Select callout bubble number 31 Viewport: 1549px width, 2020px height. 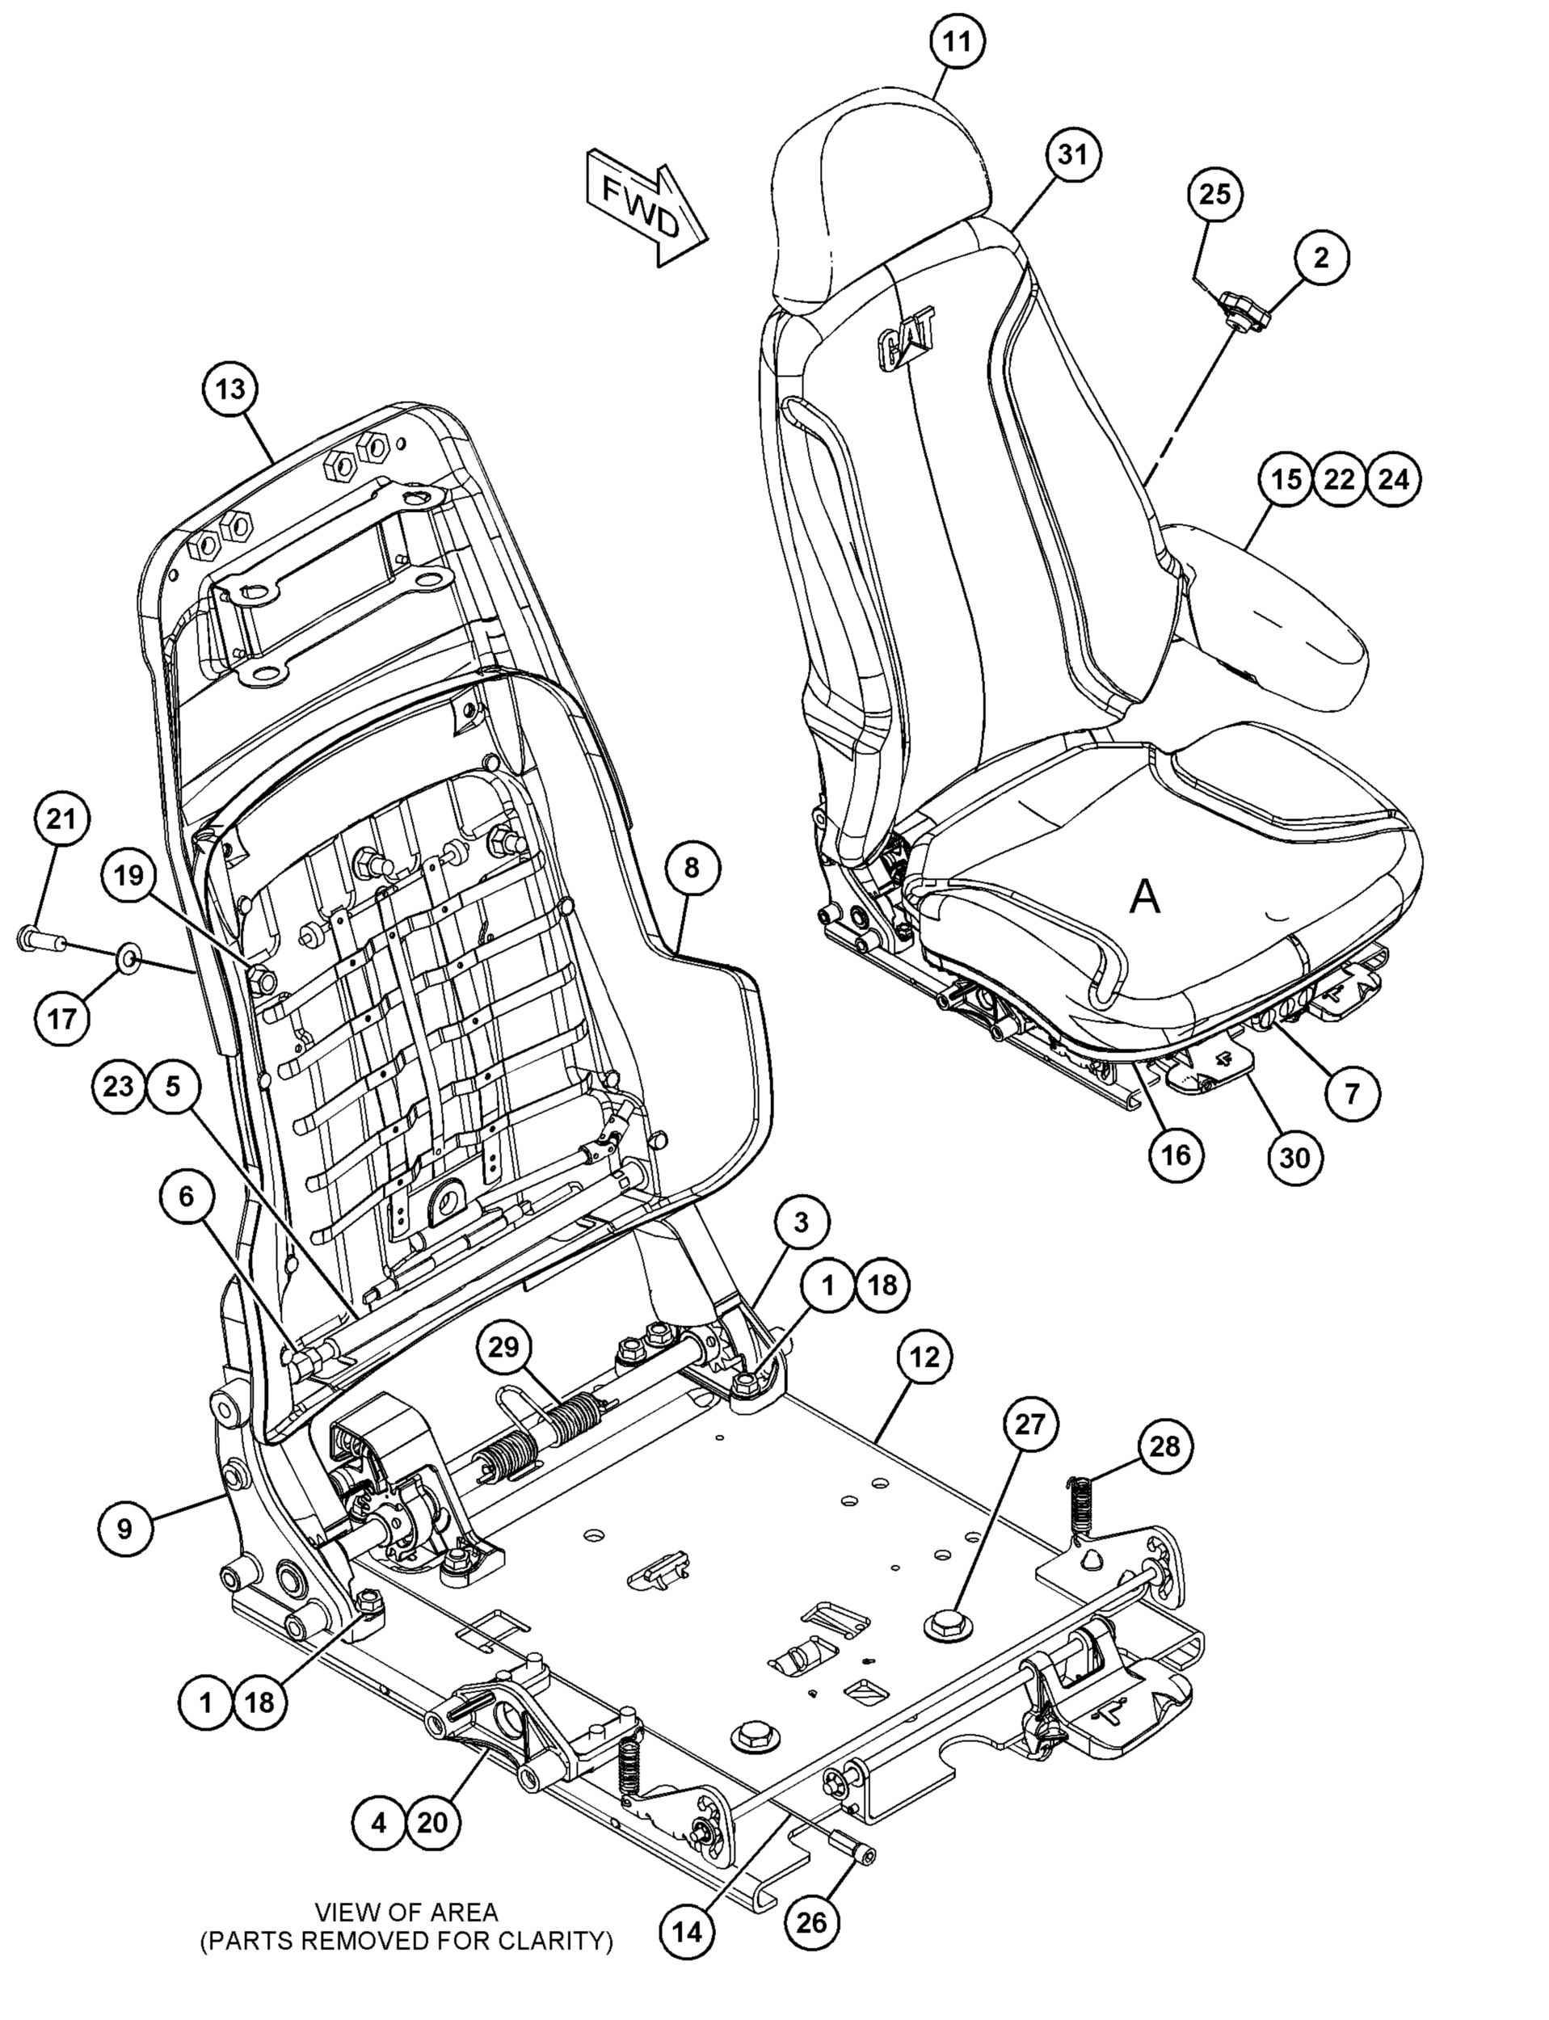point(1072,155)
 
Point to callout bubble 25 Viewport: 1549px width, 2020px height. point(1215,195)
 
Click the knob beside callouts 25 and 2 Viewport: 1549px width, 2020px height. point(1244,311)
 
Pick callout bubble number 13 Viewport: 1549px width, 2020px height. point(230,389)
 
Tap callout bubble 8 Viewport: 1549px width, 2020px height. point(692,867)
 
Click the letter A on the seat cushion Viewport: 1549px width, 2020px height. point(1144,895)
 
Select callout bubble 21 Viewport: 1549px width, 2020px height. point(61,819)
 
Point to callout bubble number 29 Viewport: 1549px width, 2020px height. point(503,1348)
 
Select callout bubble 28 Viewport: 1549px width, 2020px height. point(1164,1446)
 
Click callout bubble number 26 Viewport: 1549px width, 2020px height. point(812,1921)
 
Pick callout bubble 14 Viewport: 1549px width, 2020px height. point(688,1929)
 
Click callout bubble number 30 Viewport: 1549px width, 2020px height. point(1295,1156)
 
